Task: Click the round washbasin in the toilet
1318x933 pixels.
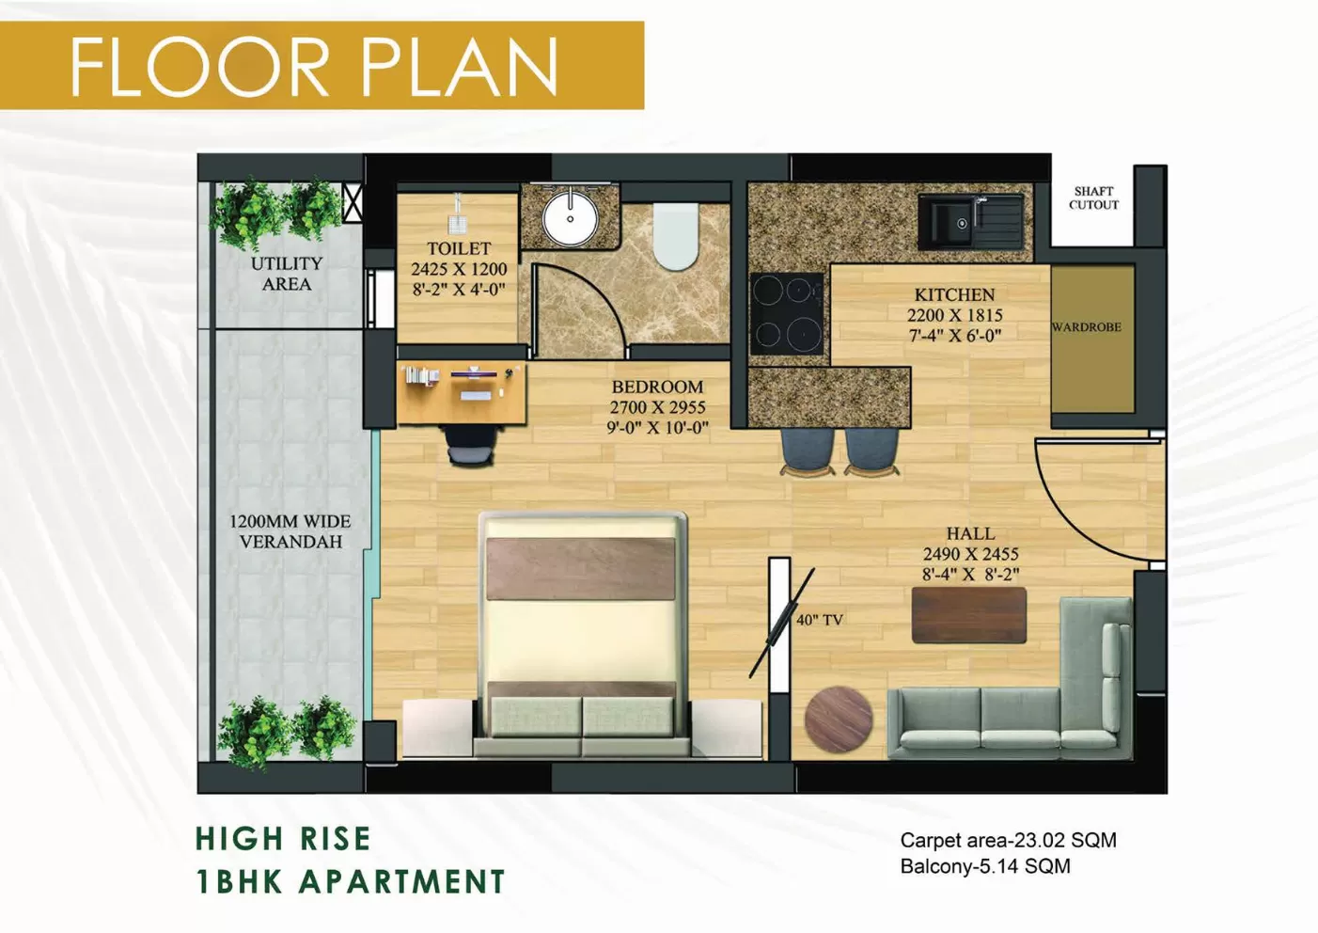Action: coord(570,217)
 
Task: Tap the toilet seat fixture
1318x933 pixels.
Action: coord(676,236)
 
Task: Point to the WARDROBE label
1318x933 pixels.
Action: coord(1087,327)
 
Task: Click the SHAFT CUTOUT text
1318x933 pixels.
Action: coord(1093,198)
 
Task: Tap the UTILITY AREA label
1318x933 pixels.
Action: coord(287,274)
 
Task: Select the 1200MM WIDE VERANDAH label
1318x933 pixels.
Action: coord(290,531)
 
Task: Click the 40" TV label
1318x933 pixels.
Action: coord(820,621)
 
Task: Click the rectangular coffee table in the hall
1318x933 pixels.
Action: coord(968,615)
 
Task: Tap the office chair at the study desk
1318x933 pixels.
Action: coord(470,443)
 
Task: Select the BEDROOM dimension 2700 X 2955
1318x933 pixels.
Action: coord(657,407)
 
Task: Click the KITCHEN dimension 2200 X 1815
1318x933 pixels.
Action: coord(954,315)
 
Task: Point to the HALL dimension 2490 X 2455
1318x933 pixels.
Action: coord(970,554)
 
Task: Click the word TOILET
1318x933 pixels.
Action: coord(459,248)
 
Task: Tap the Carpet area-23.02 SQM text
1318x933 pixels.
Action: coord(1008,840)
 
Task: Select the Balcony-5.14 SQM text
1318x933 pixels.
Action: coord(984,866)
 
